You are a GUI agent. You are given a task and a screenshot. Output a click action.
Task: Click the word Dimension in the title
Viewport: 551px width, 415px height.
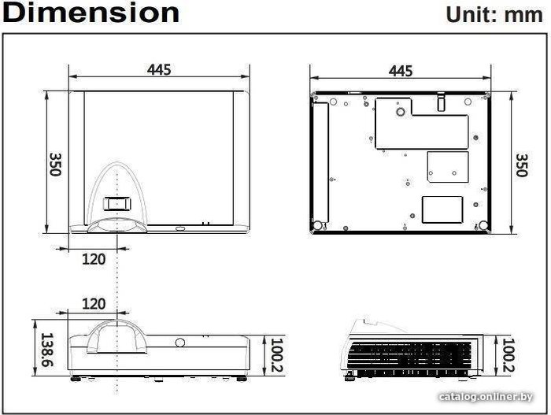91,13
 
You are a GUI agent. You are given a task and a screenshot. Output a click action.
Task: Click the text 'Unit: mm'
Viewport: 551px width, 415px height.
494,15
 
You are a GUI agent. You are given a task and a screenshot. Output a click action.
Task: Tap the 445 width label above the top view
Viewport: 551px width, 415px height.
159,69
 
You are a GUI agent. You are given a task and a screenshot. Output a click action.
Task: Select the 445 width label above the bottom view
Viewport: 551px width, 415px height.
401,71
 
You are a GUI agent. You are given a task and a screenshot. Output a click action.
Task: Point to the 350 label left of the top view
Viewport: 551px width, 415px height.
56,165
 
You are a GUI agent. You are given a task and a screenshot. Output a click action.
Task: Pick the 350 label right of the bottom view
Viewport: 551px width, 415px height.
522,165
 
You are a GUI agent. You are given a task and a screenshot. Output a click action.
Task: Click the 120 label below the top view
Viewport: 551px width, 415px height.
94,259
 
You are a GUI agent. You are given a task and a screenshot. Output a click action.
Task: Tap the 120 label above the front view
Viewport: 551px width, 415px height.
94,304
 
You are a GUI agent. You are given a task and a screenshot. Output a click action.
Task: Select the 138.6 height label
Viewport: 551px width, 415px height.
47,350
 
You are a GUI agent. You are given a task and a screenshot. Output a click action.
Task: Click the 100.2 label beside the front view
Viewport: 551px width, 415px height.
276,355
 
